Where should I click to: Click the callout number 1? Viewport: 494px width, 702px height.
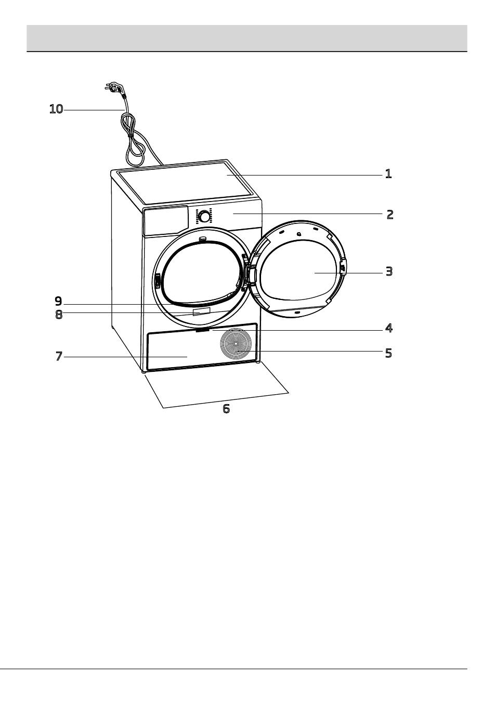point(388,173)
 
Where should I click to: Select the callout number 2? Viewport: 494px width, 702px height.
point(389,214)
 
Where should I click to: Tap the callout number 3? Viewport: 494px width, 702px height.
point(388,271)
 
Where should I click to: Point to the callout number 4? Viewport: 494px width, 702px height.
point(388,328)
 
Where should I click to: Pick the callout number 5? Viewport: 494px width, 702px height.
point(388,353)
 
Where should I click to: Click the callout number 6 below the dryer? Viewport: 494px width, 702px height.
point(226,409)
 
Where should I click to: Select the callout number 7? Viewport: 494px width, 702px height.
point(59,357)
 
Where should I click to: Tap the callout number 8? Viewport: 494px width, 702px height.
point(59,315)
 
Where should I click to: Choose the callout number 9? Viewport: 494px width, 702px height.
point(58,301)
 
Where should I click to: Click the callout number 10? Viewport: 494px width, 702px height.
point(56,109)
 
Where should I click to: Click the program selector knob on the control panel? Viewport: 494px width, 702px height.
point(204,216)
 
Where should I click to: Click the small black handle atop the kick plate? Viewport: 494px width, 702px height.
point(203,330)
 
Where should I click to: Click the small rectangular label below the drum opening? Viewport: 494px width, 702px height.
point(201,311)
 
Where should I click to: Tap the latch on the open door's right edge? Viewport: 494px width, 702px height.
point(343,269)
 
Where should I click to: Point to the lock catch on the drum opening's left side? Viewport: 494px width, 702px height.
point(157,281)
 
